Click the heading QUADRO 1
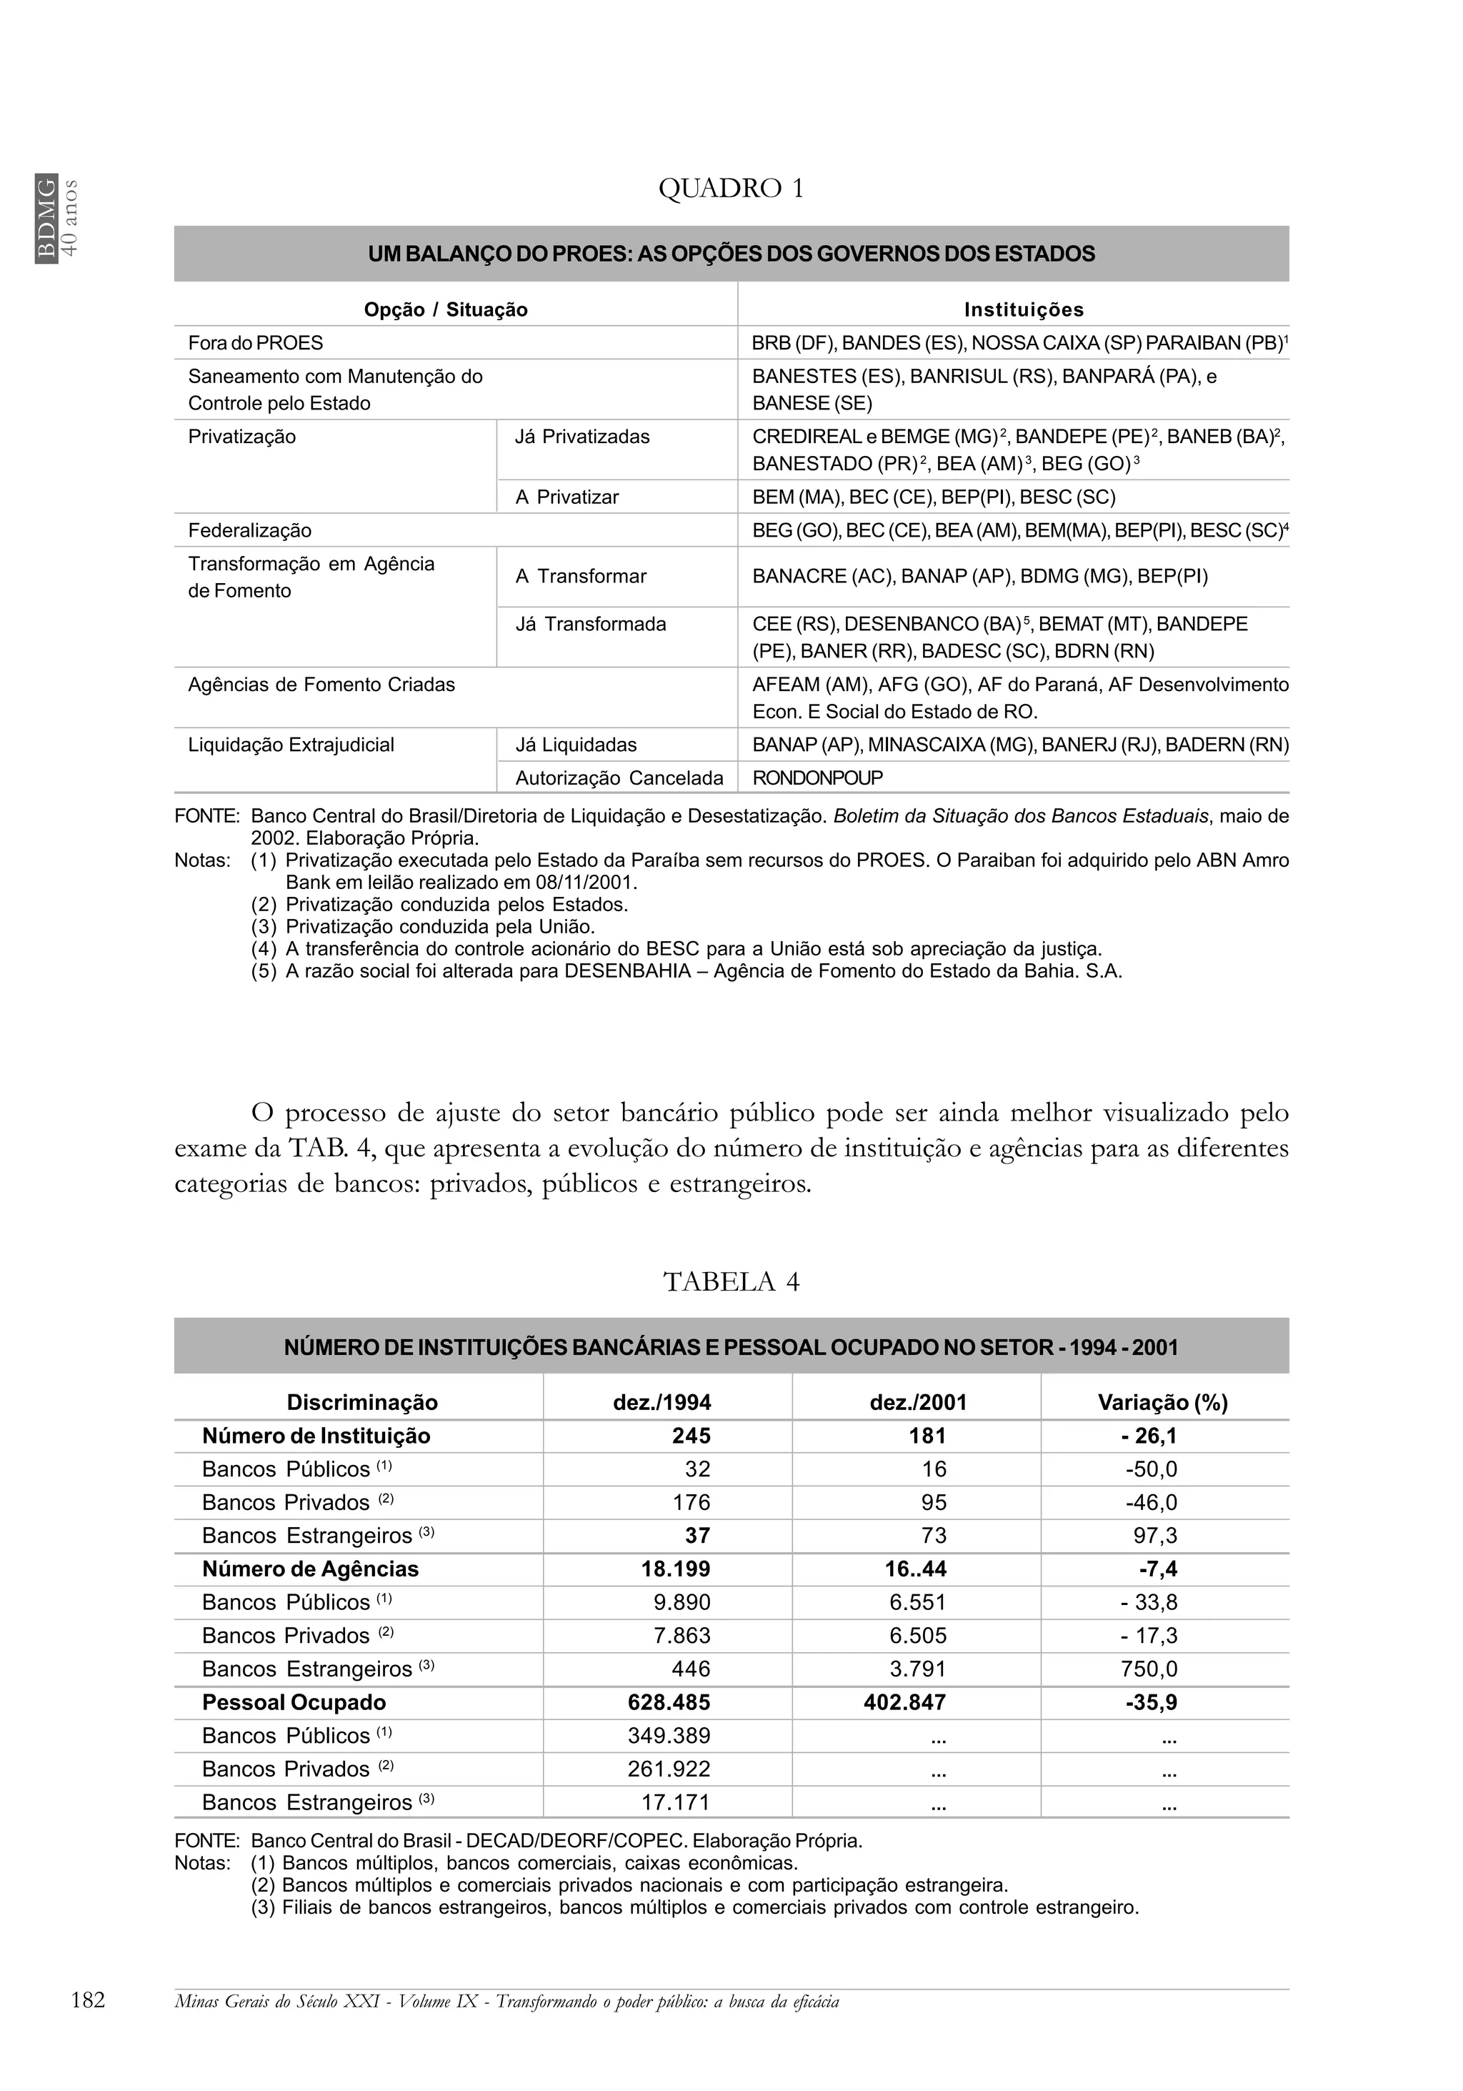pyautogui.click(x=730, y=189)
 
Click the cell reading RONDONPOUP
pyautogui.click(x=817, y=778)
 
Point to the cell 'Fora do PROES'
pyautogui.click(x=255, y=343)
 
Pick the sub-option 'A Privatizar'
pyautogui.click(x=566, y=497)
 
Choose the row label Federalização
pyautogui.click(x=249, y=531)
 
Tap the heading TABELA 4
pyautogui.click(x=730, y=1281)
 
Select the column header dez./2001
pyautogui.click(x=917, y=1403)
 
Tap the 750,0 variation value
pyautogui.click(x=1151, y=1669)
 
